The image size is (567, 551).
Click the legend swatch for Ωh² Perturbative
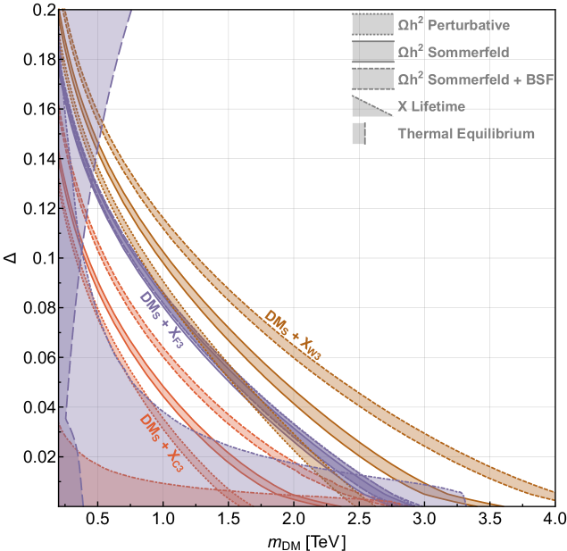pyautogui.click(x=372, y=25)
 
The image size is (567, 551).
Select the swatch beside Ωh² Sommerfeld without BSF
pyautogui.click(x=372, y=53)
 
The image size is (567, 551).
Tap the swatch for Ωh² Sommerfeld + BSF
pyautogui.click(x=372, y=79)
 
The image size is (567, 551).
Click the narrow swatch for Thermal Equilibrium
pyautogui.click(x=359, y=134)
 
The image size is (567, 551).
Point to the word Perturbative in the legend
pyautogui.click(x=470, y=26)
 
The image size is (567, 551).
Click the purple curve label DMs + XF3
pyautogui.click(x=161, y=320)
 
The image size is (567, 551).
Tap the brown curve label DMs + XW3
pyautogui.click(x=292, y=334)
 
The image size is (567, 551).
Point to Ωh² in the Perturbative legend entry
pyautogui.click(x=411, y=26)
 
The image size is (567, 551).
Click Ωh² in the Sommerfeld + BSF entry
pyautogui.click(x=411, y=79)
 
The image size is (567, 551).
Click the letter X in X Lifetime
pyautogui.click(x=402, y=107)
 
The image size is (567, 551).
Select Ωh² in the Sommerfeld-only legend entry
pyautogui.click(x=411, y=53)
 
